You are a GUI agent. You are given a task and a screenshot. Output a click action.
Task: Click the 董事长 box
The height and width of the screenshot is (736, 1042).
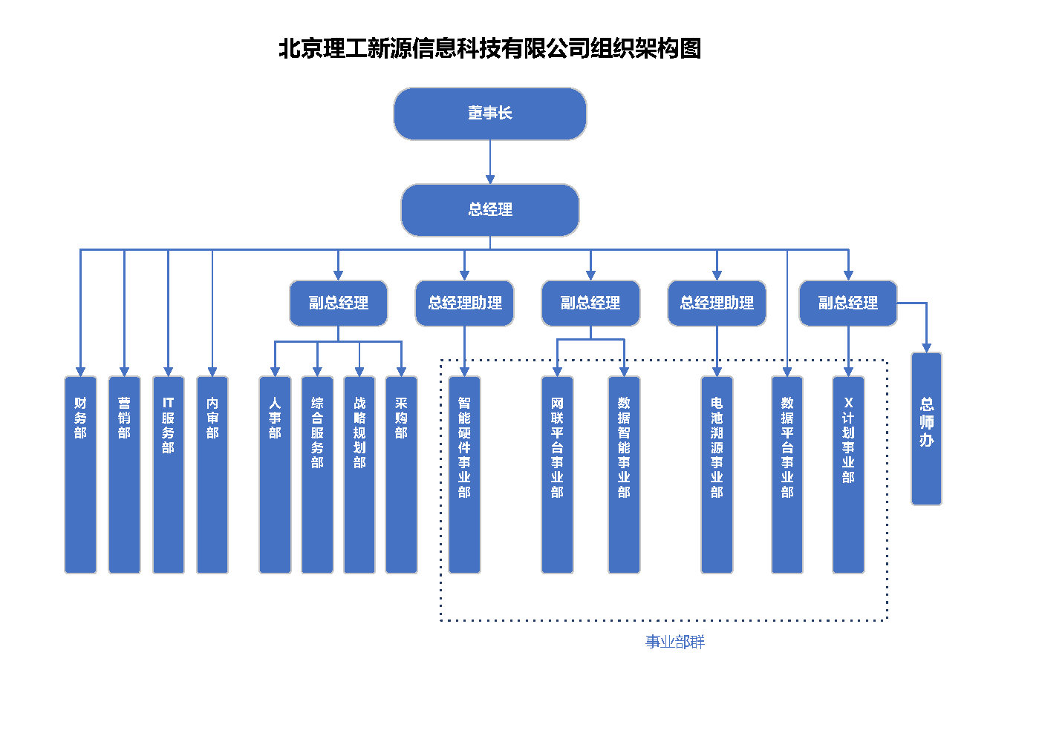click(x=490, y=114)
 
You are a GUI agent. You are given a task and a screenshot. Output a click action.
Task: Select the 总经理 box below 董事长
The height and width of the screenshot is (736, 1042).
click(x=490, y=210)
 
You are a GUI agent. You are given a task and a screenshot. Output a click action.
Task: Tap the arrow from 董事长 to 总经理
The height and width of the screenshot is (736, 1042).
click(x=490, y=162)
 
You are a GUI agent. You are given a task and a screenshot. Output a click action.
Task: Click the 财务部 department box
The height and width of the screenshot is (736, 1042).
click(x=80, y=474)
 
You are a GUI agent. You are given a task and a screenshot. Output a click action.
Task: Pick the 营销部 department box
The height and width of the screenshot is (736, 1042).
click(x=124, y=474)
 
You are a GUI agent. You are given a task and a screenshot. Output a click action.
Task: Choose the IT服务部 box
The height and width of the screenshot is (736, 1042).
click(x=169, y=474)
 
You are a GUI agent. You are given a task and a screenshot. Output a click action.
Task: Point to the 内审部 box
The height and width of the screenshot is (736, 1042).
click(x=212, y=474)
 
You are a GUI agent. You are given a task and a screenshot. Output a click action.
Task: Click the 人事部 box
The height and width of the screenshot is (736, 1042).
click(x=275, y=474)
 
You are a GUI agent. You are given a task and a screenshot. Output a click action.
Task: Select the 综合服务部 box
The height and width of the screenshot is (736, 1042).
click(x=317, y=474)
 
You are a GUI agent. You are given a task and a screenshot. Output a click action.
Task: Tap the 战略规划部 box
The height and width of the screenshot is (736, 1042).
click(x=359, y=474)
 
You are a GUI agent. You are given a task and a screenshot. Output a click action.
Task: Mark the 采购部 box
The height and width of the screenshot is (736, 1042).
click(x=402, y=474)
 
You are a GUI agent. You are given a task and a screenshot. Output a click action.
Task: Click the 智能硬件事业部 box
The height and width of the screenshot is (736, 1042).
click(x=464, y=474)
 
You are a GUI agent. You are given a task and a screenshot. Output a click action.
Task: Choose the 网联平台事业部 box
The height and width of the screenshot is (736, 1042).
click(x=557, y=474)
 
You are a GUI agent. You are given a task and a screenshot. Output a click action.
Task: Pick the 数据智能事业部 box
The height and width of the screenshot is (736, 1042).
click(x=625, y=474)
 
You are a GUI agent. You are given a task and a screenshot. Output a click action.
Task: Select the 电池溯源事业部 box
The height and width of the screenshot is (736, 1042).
click(x=717, y=474)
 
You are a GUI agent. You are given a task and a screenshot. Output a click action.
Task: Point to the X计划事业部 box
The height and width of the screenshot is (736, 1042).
click(x=848, y=474)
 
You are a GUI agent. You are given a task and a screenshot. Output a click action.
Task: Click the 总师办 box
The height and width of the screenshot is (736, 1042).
click(x=927, y=428)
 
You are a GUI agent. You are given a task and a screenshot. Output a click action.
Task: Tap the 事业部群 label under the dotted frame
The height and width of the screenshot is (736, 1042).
click(x=675, y=642)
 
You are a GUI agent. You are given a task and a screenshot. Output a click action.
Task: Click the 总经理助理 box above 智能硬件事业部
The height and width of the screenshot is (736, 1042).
click(x=465, y=303)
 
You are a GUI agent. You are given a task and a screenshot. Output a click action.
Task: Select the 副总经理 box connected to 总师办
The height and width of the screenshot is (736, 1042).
click(x=848, y=303)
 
